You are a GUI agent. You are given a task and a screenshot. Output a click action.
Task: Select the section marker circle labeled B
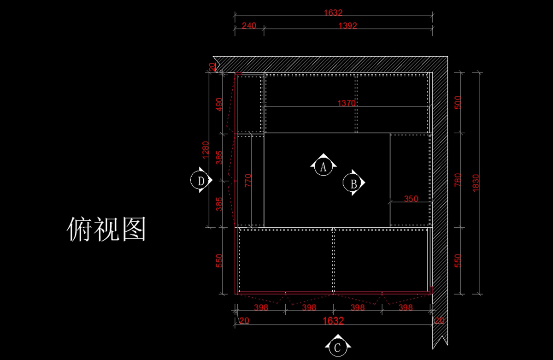(344, 183)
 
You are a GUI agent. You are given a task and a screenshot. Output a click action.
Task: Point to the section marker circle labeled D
(191, 180)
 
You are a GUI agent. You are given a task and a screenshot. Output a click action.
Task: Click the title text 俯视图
(106, 229)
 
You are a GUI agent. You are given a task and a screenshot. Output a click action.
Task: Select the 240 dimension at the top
(249, 25)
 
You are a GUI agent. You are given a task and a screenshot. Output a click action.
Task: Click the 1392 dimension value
(347, 25)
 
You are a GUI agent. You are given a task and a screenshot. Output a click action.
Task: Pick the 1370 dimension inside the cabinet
(347, 103)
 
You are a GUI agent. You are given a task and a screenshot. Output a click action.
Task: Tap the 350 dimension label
(411, 199)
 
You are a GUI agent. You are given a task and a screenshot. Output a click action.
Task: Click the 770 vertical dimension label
(248, 180)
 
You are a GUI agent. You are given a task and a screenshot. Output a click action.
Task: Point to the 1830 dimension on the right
(476, 183)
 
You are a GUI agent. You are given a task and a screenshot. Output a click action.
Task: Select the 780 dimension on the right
(458, 180)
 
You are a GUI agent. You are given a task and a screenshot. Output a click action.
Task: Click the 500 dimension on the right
(458, 102)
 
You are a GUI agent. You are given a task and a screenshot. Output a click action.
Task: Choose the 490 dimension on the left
(219, 105)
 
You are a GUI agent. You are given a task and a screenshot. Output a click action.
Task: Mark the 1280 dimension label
(206, 150)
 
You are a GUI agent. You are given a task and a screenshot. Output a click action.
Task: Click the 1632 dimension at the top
(333, 12)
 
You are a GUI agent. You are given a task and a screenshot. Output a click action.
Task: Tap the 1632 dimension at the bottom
(333, 320)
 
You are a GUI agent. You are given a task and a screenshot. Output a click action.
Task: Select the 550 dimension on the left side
(219, 261)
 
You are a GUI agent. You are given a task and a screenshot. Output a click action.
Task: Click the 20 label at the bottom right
(440, 320)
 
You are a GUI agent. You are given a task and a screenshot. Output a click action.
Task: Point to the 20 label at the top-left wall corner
(212, 67)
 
